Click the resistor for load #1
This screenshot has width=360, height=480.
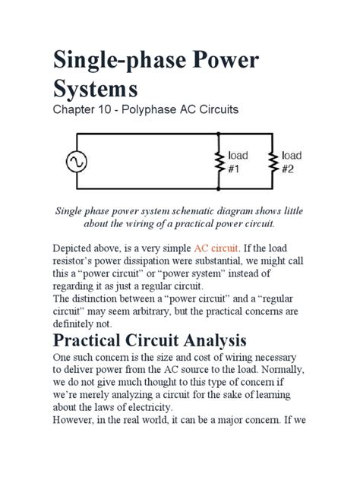pos(219,162)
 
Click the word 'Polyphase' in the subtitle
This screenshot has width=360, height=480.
pos(155,110)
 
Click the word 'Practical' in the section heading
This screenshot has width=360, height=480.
pos(102,339)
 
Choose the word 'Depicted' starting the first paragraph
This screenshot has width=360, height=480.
pos(74,248)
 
